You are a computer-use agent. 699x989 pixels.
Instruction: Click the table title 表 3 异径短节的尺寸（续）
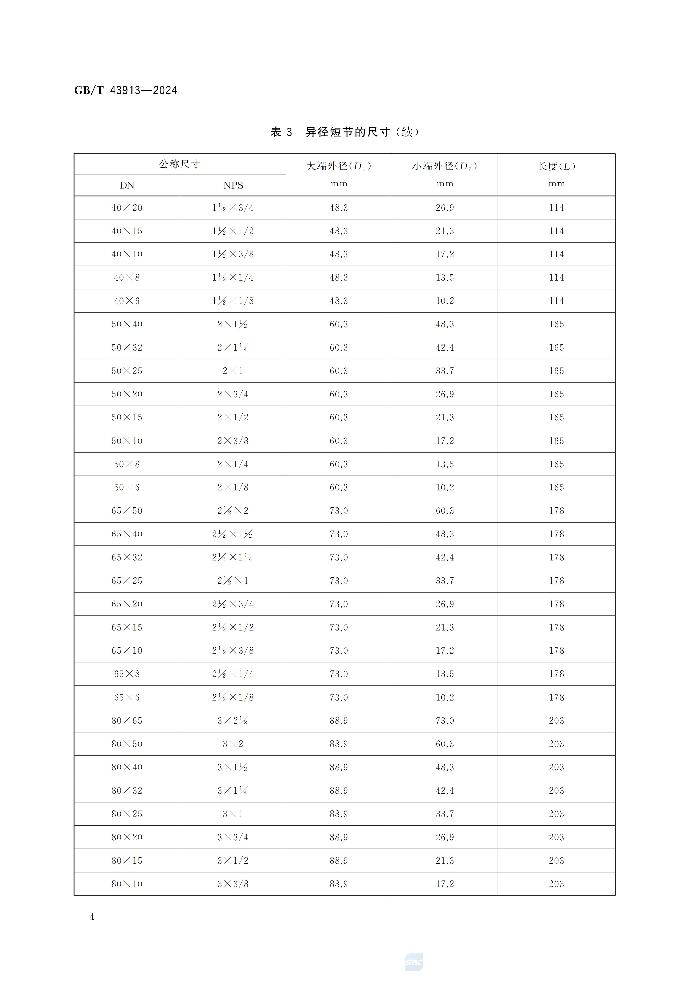(x=345, y=132)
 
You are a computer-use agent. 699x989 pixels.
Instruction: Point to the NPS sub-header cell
(x=233, y=185)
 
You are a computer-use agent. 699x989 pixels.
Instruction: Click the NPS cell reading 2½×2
(x=233, y=510)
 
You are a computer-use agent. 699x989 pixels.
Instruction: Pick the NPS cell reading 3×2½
(x=233, y=720)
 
